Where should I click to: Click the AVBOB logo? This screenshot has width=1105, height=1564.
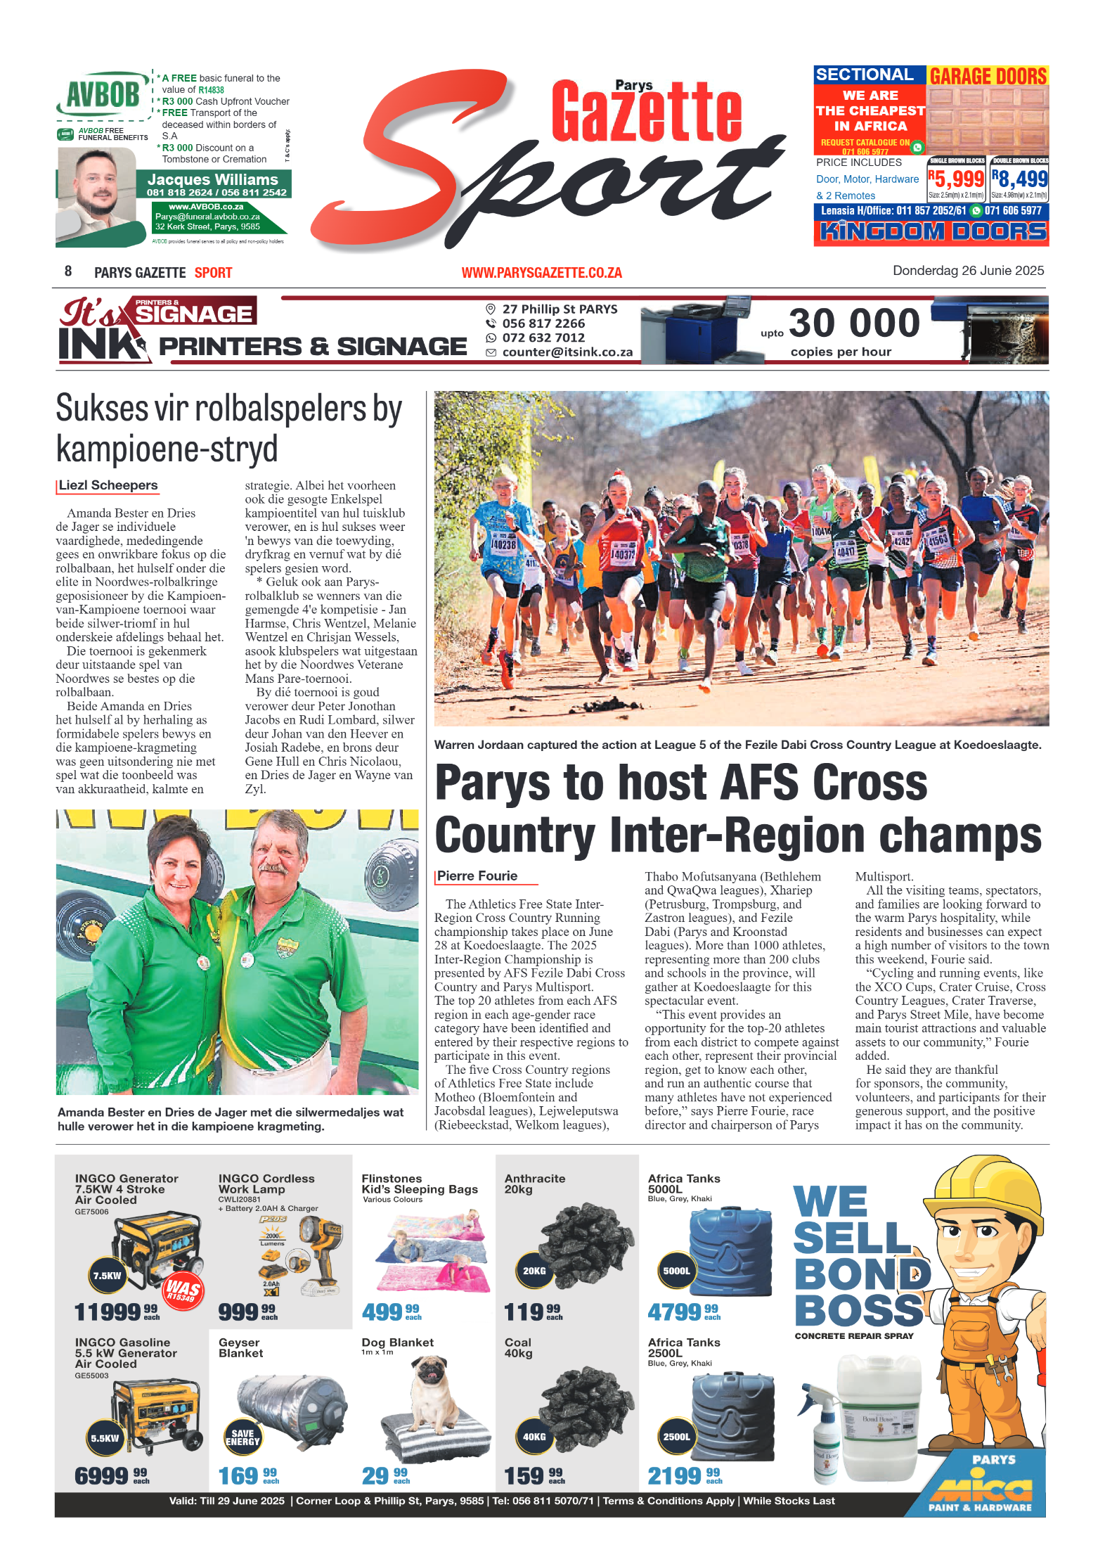(x=103, y=95)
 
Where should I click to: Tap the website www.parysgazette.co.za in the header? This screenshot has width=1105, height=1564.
(x=541, y=273)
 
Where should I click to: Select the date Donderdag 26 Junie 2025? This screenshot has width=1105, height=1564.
(x=967, y=271)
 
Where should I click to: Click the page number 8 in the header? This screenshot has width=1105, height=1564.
(x=68, y=271)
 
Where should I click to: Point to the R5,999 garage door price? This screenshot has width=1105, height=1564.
(x=956, y=179)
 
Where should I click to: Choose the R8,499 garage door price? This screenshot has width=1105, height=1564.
(x=1019, y=179)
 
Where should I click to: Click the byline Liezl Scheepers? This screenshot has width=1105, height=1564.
(x=108, y=485)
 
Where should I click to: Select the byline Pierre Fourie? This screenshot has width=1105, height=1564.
(x=477, y=876)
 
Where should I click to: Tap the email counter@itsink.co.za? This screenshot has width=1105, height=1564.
(x=567, y=352)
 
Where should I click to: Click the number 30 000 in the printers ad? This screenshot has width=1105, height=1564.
(x=854, y=323)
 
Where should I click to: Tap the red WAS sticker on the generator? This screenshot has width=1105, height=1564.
(x=183, y=1290)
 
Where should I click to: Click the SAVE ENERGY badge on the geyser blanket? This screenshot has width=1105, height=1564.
(x=243, y=1437)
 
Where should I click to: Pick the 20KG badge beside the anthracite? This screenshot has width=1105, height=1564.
(x=534, y=1271)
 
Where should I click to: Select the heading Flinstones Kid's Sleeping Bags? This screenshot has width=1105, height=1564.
(x=419, y=1184)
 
